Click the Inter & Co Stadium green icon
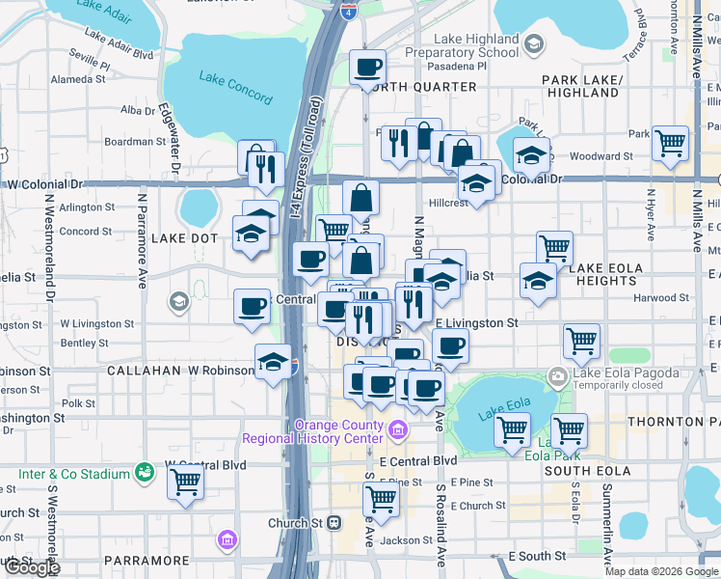tap(145, 473)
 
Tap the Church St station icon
tap(334, 523)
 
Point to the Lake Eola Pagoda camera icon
tap(558, 375)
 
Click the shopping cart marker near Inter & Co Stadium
tap(185, 482)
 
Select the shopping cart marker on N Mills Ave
tap(670, 143)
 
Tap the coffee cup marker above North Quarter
tap(367, 67)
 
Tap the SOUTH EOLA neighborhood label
tap(584, 470)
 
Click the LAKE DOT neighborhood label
tap(184, 237)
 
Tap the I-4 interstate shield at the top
tap(347, 12)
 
